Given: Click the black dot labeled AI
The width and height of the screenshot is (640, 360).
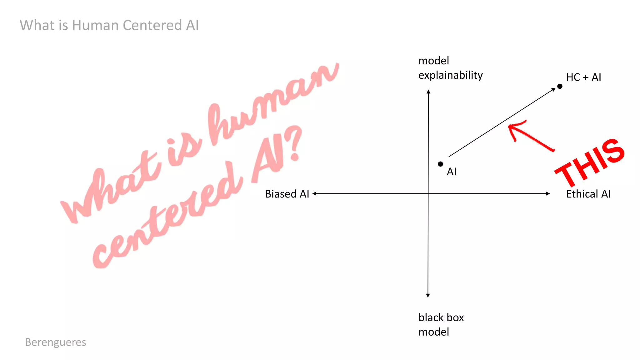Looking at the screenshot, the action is click(x=440, y=164).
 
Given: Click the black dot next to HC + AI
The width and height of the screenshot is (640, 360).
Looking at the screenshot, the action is click(x=560, y=86).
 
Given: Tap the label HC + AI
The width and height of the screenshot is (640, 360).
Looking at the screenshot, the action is click(x=583, y=77).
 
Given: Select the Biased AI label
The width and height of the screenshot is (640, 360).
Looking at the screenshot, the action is click(x=287, y=194).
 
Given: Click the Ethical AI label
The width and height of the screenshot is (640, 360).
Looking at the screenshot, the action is click(x=588, y=194).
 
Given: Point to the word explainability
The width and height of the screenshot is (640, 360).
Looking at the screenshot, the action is click(x=450, y=75).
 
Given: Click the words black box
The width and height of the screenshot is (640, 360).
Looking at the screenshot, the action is click(x=441, y=317).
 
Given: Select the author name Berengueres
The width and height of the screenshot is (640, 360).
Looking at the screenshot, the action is click(x=56, y=342).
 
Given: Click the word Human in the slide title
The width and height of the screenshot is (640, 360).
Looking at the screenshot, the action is click(x=95, y=25).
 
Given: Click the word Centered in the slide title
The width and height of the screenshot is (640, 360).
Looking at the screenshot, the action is click(x=152, y=25).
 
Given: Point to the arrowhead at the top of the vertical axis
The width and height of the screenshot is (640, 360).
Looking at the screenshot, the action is click(x=428, y=92).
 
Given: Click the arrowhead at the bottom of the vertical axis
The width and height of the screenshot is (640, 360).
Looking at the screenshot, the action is click(x=428, y=295).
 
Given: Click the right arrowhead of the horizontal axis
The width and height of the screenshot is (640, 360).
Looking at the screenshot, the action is click(x=548, y=194).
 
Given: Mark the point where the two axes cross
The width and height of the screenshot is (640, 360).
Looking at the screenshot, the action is click(x=428, y=194).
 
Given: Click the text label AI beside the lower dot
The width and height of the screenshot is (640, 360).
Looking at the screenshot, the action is click(x=452, y=172).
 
